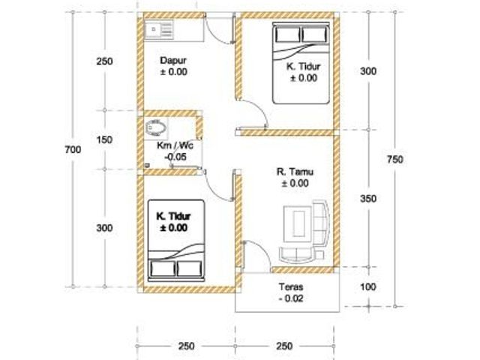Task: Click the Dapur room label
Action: [173, 60]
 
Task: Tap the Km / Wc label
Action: [175, 145]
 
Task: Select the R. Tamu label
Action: [295, 172]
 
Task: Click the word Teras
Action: [291, 286]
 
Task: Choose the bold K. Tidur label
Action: [173, 216]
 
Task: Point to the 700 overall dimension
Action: [73, 149]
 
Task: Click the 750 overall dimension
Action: [395, 160]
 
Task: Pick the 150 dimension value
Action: [104, 140]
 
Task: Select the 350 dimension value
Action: [368, 199]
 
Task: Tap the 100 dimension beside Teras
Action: [368, 286]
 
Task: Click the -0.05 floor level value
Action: [175, 157]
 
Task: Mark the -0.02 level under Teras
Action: [291, 298]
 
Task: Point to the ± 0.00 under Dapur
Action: [173, 72]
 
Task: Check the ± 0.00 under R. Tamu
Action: [295, 183]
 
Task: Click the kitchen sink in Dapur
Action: [159, 30]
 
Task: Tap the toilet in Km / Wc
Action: [156, 127]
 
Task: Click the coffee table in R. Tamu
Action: [297, 224]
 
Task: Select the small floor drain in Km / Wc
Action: [147, 165]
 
